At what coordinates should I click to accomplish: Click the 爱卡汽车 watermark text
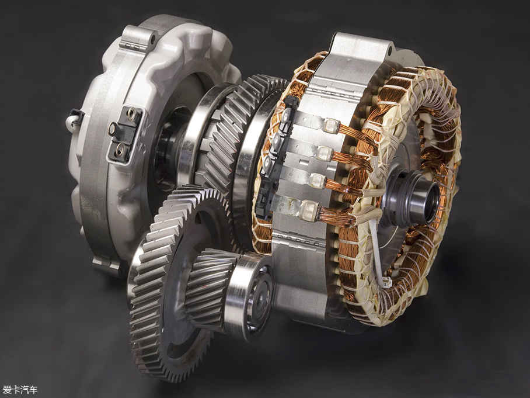click(20, 390)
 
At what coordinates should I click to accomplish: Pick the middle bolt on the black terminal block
click(112, 129)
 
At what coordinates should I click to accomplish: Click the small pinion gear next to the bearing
click(211, 288)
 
